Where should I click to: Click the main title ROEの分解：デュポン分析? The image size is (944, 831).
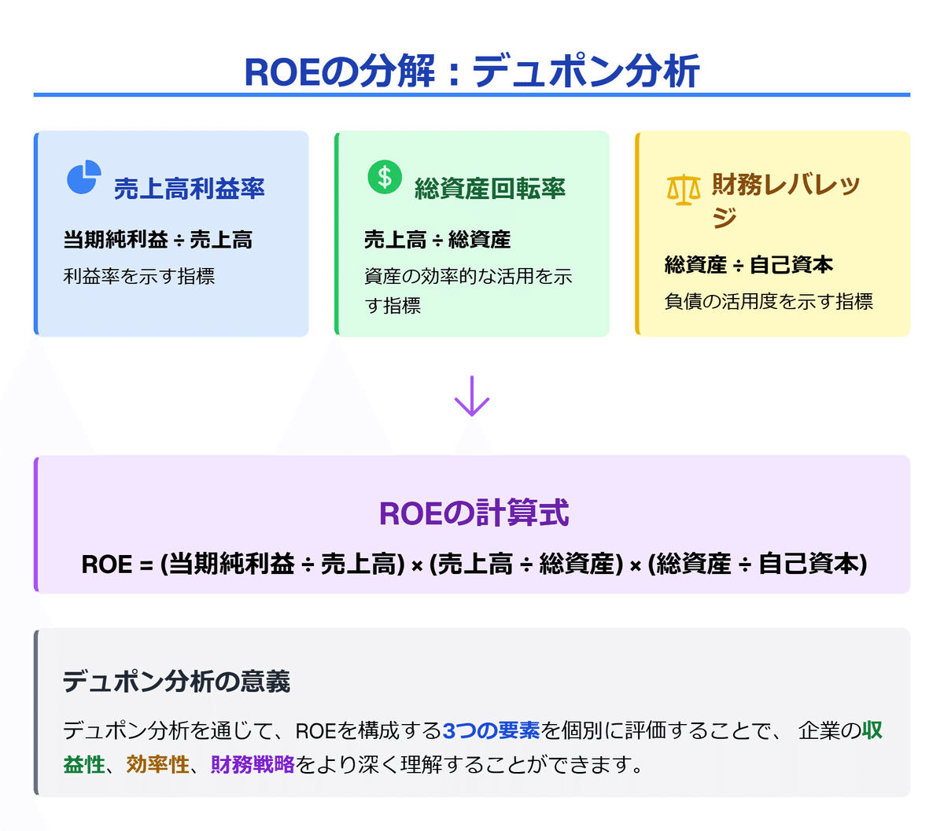pyautogui.click(x=472, y=71)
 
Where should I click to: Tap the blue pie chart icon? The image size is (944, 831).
pyautogui.click(x=83, y=178)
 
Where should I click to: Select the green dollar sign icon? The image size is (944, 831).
pyautogui.click(x=385, y=177)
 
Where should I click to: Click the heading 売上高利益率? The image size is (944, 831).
pyautogui.click(x=189, y=189)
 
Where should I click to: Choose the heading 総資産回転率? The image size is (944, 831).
pyautogui.click(x=489, y=189)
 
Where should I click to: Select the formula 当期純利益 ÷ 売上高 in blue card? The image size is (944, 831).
pyautogui.click(x=158, y=240)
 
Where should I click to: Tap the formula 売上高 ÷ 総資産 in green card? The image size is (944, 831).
pyautogui.click(x=437, y=240)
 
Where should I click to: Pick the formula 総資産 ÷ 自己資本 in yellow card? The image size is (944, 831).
pyautogui.click(x=748, y=265)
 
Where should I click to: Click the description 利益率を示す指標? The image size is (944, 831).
pyautogui.click(x=139, y=277)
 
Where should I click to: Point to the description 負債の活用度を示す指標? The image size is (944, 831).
pyautogui.click(x=769, y=302)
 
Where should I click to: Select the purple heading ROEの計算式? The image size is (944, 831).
pyautogui.click(x=474, y=513)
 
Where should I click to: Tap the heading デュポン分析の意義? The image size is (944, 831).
pyautogui.click(x=176, y=681)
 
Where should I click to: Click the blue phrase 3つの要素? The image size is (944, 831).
pyautogui.click(x=491, y=731)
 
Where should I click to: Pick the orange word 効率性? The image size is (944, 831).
pyautogui.click(x=157, y=764)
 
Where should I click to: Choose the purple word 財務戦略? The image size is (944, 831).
pyautogui.click(x=253, y=764)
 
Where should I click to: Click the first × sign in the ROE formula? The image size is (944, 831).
pyautogui.click(x=417, y=566)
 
